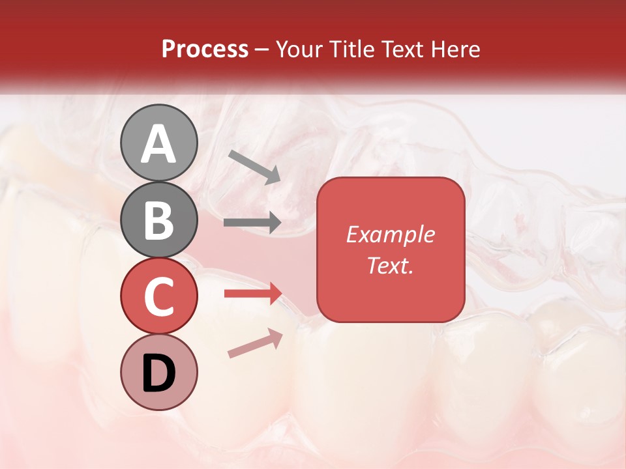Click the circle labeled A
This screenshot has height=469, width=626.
coord(158,143)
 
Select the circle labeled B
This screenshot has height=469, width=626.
coord(158,220)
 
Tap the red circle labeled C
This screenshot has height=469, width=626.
coord(158,296)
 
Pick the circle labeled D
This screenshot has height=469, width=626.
coord(158,373)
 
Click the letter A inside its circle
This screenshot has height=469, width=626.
coord(158,144)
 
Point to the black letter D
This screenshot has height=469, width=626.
coord(158,373)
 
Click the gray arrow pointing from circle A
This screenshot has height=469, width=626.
coord(254,167)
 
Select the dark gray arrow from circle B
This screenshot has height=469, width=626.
coord(252,223)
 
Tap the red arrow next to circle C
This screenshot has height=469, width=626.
coord(252,294)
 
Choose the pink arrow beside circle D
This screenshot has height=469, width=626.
coord(255,343)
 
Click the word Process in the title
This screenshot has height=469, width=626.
coord(205,49)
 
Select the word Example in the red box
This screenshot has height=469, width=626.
coord(390,234)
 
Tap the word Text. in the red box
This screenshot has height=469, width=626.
coord(390,265)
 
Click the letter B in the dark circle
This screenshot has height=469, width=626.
coord(158,221)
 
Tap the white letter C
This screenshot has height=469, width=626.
coord(158,297)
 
